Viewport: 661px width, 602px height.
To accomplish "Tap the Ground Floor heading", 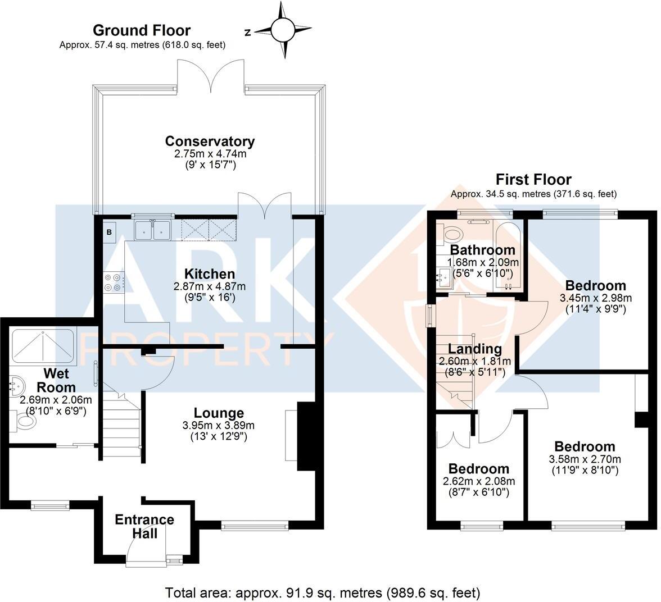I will coord(141,30).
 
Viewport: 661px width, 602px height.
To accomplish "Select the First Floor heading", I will coord(533,180).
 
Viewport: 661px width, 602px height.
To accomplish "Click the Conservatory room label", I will coord(209,141).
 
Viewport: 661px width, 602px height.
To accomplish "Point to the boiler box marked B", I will coord(109,232).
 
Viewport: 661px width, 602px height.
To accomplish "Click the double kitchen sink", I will coord(153,230).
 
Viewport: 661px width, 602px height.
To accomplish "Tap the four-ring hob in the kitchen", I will coord(112,282).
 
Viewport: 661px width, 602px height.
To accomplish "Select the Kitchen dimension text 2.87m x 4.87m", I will coord(209,286).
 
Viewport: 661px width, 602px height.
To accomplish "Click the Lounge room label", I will coord(219,413).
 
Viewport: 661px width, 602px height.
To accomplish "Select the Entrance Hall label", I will coord(144,526).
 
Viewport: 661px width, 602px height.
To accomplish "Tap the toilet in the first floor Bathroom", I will coord(450,233).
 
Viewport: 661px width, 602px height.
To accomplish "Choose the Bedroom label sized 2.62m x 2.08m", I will coord(479,469).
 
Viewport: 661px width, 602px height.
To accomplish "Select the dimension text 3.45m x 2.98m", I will coord(595,298).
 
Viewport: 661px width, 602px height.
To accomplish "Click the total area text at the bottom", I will coord(323,592).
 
